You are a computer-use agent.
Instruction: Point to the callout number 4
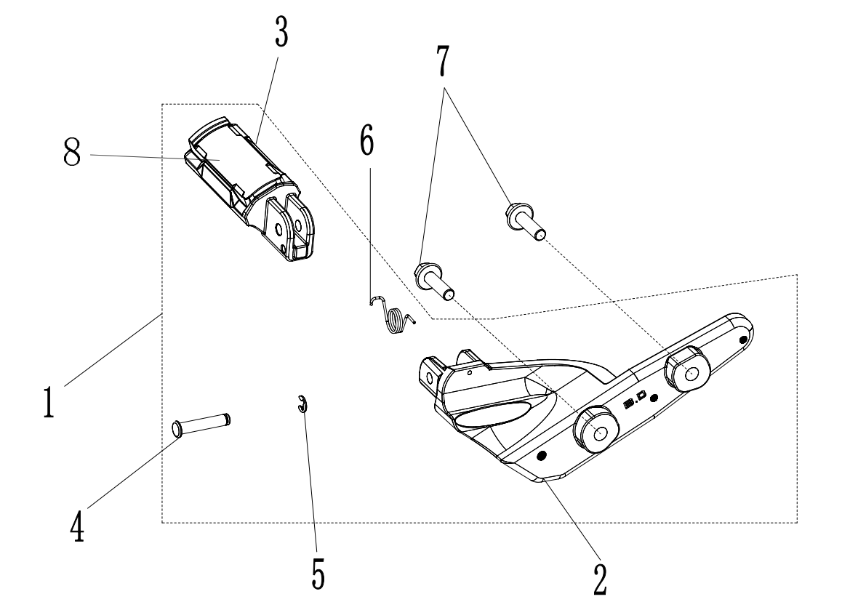[x=77, y=528]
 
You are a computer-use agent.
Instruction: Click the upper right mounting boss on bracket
[x=688, y=369]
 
